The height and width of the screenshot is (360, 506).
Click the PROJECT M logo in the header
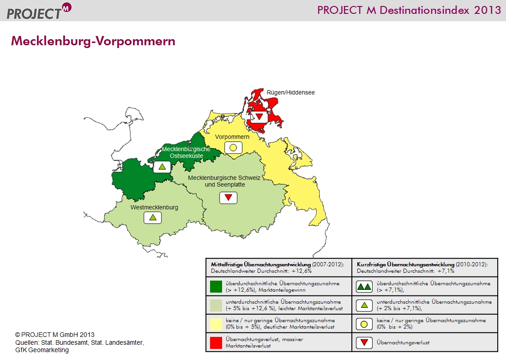click(x=39, y=11)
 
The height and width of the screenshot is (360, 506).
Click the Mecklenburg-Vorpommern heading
click(x=93, y=41)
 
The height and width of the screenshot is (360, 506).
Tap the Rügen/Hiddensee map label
click(x=290, y=92)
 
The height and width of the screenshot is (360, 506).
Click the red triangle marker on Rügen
click(x=259, y=117)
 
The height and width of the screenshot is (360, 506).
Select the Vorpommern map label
click(x=232, y=137)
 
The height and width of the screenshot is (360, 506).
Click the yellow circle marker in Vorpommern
click(x=233, y=148)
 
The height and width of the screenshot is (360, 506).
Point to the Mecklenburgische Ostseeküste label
click(x=186, y=152)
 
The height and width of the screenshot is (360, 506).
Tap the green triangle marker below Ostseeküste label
click(x=162, y=167)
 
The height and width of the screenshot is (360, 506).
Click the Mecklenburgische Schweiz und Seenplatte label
click(x=224, y=181)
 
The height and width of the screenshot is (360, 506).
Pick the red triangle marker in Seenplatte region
click(x=229, y=198)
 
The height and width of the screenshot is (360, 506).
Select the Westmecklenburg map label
click(x=154, y=207)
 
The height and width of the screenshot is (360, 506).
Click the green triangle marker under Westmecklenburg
click(x=153, y=218)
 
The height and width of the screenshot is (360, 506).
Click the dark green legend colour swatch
click(x=216, y=287)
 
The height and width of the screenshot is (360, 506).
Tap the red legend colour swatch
click(x=216, y=342)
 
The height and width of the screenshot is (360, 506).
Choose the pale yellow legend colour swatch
click(x=216, y=324)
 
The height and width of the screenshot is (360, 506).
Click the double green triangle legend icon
click(x=364, y=287)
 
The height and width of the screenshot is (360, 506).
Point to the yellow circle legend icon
click(x=364, y=324)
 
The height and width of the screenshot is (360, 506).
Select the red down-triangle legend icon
click(x=364, y=342)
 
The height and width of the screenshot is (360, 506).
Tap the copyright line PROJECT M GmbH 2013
click(x=55, y=335)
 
